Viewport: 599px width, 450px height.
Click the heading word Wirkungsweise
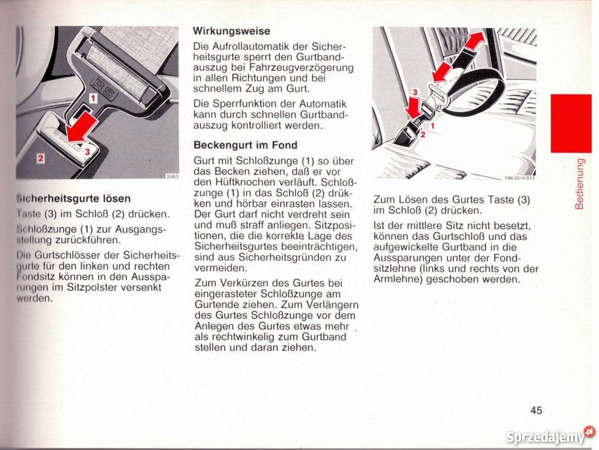pyautogui.click(x=231, y=31)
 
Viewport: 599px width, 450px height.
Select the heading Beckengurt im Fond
pyautogui.click(x=236, y=145)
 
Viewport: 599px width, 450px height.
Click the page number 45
pyautogui.click(x=536, y=410)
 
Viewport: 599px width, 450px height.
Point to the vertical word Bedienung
pyautogui.click(x=580, y=183)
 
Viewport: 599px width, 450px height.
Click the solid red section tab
pyautogui.click(x=570, y=123)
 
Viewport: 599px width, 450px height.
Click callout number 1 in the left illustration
pyautogui.click(x=92, y=97)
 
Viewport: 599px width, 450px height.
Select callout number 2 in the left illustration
pyautogui.click(x=40, y=159)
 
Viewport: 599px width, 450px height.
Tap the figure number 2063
pyautogui.click(x=172, y=176)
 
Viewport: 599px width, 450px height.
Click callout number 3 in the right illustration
pyautogui.click(x=413, y=92)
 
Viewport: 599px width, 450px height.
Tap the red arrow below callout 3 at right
pyautogui.click(x=414, y=107)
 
